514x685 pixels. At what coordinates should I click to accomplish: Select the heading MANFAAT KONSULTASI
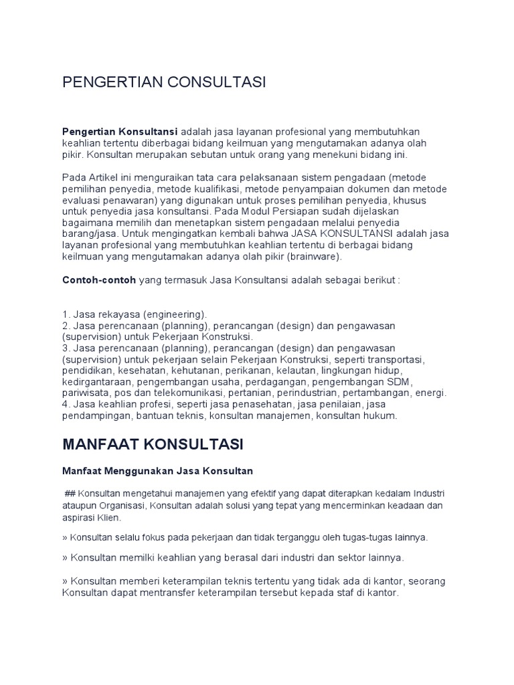point(153,444)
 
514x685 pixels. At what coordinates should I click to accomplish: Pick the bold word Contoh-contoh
point(99,280)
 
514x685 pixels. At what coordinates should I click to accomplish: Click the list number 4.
point(66,404)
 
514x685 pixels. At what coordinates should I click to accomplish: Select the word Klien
point(117,518)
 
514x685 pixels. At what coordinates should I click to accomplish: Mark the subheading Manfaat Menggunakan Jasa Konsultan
point(157,472)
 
